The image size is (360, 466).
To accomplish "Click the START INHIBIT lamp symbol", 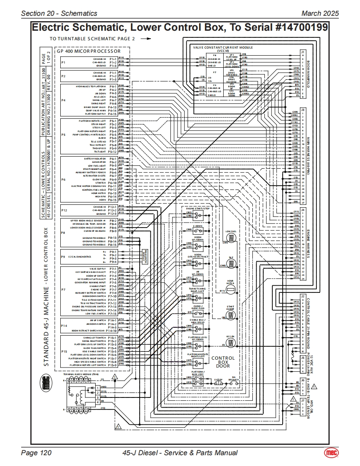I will pos(230,317).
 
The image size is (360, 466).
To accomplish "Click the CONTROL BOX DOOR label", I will pos(223,362).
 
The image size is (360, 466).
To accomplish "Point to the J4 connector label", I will pos(303,210).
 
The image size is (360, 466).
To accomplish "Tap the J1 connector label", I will pos(303,52).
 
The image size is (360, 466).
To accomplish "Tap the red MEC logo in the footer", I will pos(331,452).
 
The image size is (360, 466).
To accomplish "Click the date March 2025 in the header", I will pos(320,13).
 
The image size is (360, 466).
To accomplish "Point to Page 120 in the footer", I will pos(36,453).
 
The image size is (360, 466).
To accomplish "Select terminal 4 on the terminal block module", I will pos(98,402).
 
